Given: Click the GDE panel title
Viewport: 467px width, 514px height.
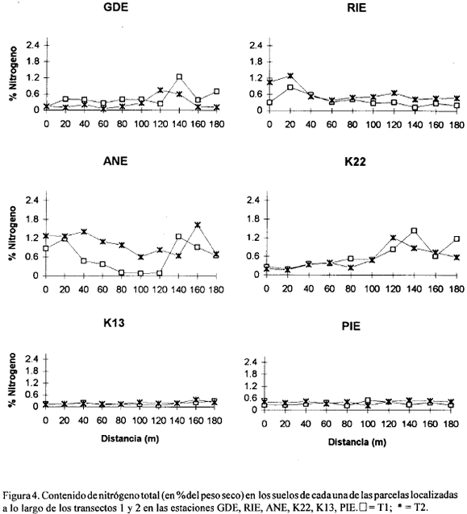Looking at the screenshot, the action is [115, 7].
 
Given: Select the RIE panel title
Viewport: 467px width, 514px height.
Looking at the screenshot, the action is [357, 7].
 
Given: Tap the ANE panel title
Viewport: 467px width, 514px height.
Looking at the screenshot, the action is [115, 161].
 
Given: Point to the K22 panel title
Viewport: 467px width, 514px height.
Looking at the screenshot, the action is [355, 161].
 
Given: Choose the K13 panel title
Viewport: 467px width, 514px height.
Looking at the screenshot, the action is [115, 323].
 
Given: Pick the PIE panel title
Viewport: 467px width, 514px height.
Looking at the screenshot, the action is [351, 326].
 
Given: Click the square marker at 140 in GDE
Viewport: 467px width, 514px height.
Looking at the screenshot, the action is [179, 77].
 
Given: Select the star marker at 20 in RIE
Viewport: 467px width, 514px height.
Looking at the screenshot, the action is [290, 76].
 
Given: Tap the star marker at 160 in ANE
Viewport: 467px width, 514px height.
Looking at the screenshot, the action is [198, 225].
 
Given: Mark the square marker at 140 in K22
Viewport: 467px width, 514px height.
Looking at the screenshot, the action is [414, 230].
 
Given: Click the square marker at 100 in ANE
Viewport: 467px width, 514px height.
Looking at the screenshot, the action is [141, 273].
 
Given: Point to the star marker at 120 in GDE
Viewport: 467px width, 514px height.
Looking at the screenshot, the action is [161, 90].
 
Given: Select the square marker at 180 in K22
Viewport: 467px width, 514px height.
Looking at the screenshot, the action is [457, 238].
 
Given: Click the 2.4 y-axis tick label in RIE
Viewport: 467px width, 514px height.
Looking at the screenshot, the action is [256, 45].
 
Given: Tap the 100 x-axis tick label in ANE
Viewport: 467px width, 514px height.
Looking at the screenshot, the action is [140, 289].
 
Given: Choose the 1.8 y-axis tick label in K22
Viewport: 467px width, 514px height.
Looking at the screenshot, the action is [253, 219].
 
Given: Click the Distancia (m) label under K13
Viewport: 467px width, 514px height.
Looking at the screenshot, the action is [130, 438].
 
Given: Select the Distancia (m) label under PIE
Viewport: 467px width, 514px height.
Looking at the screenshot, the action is [357, 441].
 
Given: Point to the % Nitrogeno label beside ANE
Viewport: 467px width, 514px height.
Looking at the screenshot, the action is [13, 233].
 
